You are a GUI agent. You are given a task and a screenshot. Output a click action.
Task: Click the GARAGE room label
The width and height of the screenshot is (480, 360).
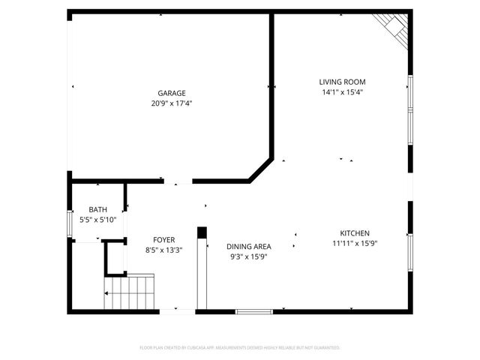click(171, 93)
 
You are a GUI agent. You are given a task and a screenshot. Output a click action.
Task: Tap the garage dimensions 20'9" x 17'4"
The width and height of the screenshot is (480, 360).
click(171, 103)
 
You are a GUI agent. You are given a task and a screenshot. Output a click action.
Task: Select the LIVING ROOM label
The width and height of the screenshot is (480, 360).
click(342, 82)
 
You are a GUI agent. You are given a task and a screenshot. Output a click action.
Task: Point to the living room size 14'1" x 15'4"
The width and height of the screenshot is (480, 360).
click(342, 92)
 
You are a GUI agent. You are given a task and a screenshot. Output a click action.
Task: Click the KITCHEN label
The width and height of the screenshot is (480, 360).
click(355, 233)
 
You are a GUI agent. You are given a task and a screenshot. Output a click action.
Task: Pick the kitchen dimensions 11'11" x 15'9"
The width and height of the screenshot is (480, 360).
click(355, 244)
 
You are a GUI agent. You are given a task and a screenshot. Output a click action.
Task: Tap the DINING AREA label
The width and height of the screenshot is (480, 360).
click(248, 246)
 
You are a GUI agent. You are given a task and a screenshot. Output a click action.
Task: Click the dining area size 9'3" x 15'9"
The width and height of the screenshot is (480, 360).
click(248, 256)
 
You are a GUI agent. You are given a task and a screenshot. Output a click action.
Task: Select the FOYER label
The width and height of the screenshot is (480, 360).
click(163, 240)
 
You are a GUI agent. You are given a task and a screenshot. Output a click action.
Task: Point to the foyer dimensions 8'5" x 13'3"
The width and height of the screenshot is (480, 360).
click(163, 250)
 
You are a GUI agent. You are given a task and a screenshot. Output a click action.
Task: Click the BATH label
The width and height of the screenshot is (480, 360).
click(97, 209)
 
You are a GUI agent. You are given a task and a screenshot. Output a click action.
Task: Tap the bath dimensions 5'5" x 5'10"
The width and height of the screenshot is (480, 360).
click(97, 220)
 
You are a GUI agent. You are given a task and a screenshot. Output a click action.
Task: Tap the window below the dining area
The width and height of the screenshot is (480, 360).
click(253, 311)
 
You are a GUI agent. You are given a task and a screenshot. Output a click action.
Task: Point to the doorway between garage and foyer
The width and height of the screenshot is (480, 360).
click(178, 181)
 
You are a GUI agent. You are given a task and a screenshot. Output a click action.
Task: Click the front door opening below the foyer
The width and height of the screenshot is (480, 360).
click(177, 311)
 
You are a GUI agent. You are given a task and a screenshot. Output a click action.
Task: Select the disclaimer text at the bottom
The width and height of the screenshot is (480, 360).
click(240, 348)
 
